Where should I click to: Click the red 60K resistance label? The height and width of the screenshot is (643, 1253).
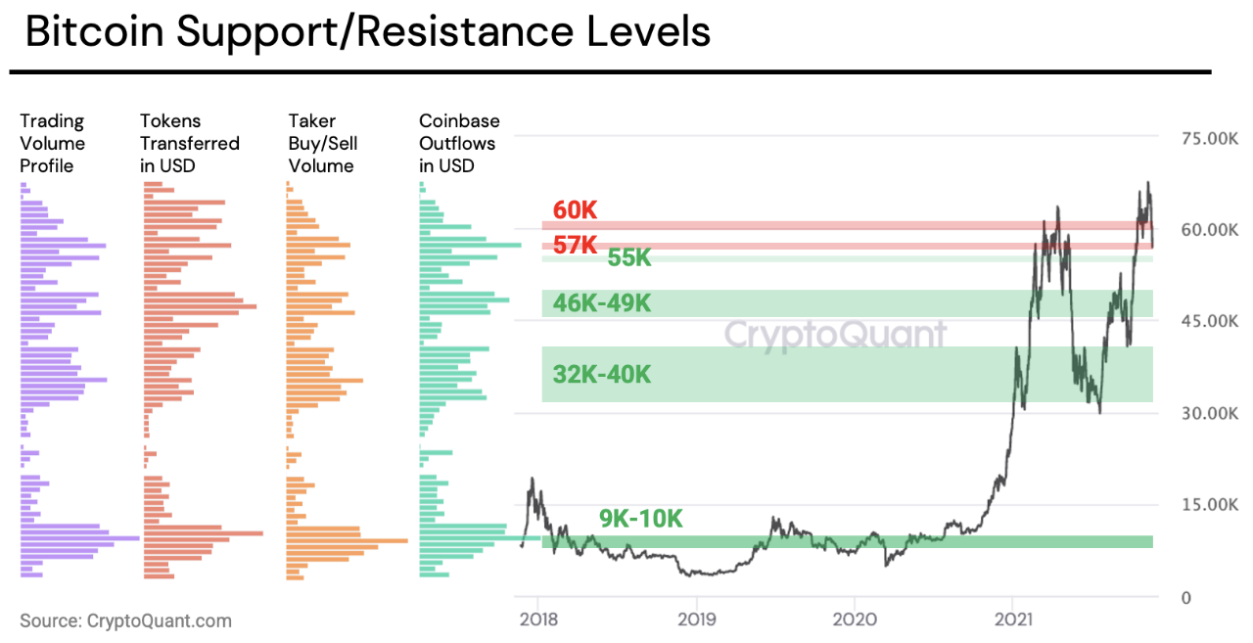(575, 210)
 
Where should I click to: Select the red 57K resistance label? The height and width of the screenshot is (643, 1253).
(575, 245)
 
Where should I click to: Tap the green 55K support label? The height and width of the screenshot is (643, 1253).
(629, 258)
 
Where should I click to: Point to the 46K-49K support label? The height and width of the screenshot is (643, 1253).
(601, 303)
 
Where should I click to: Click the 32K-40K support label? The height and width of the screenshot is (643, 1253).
(601, 375)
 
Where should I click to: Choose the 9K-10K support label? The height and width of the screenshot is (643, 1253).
(640, 519)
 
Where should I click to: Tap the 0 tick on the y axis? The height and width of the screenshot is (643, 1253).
(1186, 598)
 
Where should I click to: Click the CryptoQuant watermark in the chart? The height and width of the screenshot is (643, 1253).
(835, 335)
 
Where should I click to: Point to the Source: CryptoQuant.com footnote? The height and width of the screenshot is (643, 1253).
(125, 620)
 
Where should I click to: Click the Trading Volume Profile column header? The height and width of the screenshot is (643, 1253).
(53, 143)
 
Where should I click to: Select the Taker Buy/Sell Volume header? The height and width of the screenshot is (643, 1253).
(322, 143)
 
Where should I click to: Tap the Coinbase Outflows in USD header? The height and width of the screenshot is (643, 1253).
(459, 143)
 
